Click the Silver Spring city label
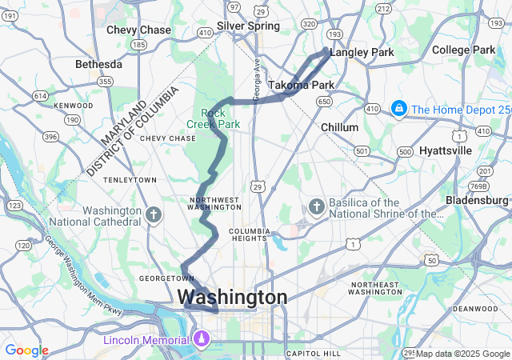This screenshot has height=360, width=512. pyautogui.click(x=248, y=26)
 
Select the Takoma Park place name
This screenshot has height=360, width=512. pyautogui.click(x=301, y=85)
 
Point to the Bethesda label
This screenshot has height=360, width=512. pyautogui.click(x=98, y=64)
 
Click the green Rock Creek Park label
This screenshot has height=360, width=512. pyautogui.click(x=213, y=118)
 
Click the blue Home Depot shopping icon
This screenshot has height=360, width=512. pyautogui.click(x=398, y=108)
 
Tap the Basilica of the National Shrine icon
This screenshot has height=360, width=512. pyautogui.click(x=316, y=207)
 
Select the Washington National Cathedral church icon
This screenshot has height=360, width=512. pyautogui.click(x=154, y=214)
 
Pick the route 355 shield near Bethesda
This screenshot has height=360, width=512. pyautogui.click(x=105, y=82)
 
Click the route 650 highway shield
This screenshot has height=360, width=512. pyautogui.click(x=324, y=102)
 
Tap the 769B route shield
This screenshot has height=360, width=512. pyautogui.click(x=477, y=186)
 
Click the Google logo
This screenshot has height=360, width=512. pyautogui.click(x=26, y=350)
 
